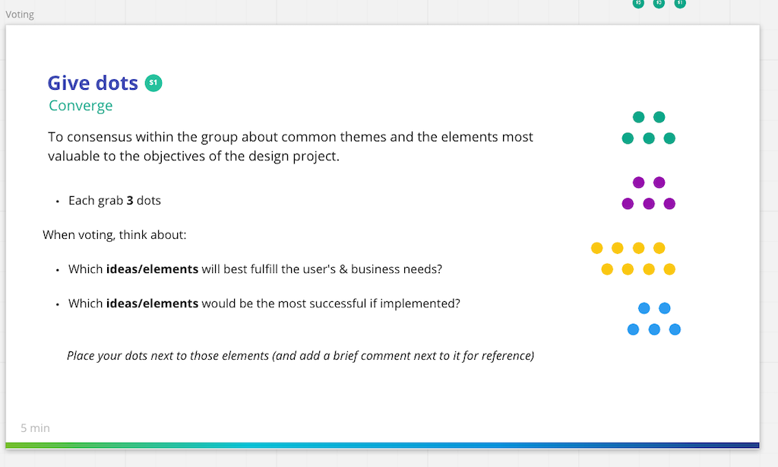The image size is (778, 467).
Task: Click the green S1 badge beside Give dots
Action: pyautogui.click(x=153, y=83)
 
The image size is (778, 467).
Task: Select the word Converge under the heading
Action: pyautogui.click(x=81, y=106)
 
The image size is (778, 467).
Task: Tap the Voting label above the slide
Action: pyautogui.click(x=20, y=14)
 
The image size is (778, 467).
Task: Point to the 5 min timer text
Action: pyautogui.click(x=35, y=428)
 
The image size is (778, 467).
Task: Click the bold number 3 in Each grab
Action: pyautogui.click(x=130, y=201)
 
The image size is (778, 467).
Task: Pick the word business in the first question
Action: pyautogui.click(x=376, y=269)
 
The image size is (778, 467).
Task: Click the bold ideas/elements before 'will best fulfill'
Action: pyautogui.click(x=152, y=269)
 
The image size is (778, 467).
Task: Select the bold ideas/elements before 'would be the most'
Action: pyautogui.click(x=152, y=303)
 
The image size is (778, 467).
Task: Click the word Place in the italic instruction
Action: pyautogui.click(x=81, y=355)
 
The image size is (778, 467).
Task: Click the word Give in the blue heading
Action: pyautogui.click(x=69, y=83)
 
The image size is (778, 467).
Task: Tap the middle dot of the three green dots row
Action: pyautogui.click(x=649, y=138)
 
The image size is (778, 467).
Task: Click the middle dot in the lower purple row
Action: pyautogui.click(x=649, y=204)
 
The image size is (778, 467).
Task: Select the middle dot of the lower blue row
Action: pyautogui.click(x=654, y=329)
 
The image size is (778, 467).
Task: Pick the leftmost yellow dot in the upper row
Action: pyautogui.click(x=597, y=248)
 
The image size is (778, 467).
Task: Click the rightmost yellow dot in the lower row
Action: pyautogui.click(x=669, y=269)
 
